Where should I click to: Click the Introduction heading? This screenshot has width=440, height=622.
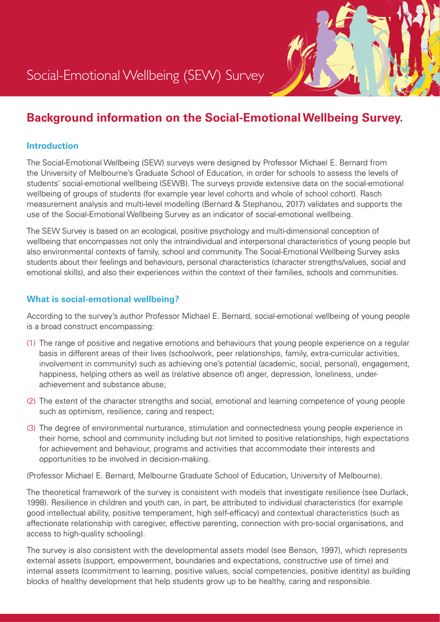(52, 146)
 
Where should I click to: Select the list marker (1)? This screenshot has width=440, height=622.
(32, 344)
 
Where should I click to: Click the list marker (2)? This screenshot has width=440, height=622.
(32, 402)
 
